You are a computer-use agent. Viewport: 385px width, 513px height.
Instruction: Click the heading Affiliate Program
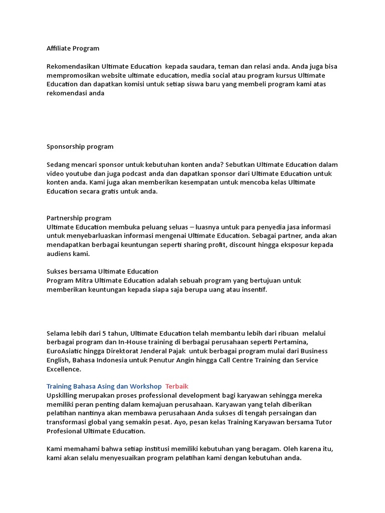pyautogui.click(x=73, y=49)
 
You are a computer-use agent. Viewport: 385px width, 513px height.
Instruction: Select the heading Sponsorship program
pyautogui.click(x=80, y=147)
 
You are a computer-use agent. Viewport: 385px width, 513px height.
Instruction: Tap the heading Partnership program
pyautogui.click(x=79, y=218)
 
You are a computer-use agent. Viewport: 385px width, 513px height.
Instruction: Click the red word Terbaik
pyautogui.click(x=176, y=386)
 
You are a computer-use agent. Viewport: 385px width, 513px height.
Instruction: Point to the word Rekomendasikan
pyautogui.click(x=73, y=66)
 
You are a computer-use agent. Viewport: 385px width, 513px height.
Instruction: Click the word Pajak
pyautogui.click(x=181, y=351)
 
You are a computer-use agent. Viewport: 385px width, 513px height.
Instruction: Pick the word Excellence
pyautogui.click(x=64, y=369)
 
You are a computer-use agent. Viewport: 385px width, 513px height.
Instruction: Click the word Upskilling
pyautogui.click(x=63, y=395)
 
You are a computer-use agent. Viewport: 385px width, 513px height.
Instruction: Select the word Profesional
pyautogui.click(x=66, y=431)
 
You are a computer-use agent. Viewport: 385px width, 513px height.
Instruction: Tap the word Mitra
pyautogui.click(x=84, y=281)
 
